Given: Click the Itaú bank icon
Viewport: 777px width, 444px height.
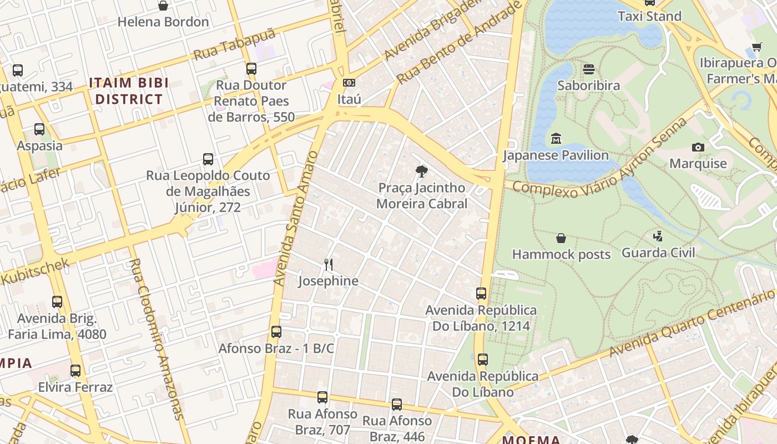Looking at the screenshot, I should (x=349, y=83).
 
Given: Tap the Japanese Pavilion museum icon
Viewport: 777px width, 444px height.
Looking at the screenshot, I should (x=556, y=138).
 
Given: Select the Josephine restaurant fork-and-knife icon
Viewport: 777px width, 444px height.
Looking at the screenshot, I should (x=329, y=264).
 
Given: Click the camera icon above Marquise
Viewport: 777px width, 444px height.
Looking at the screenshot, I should (x=698, y=147).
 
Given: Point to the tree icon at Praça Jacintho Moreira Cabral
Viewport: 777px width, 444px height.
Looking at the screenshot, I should (x=422, y=171).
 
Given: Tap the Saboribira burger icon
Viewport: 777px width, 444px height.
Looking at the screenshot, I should (x=589, y=69).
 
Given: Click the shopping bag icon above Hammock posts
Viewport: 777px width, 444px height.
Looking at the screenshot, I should (x=561, y=238).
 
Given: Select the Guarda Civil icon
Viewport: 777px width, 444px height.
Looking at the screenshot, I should (x=658, y=236).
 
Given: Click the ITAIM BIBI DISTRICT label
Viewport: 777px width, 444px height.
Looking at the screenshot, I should (x=129, y=91).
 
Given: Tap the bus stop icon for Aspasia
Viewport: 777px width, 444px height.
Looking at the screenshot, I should (x=39, y=129).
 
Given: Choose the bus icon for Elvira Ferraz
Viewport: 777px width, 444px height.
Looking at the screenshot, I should (x=75, y=370).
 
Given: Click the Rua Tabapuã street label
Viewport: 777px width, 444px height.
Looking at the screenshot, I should (x=234, y=45).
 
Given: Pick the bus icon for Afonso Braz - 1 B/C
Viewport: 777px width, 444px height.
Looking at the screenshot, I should (x=276, y=332).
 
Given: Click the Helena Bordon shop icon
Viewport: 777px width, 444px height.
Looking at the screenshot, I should (x=163, y=6).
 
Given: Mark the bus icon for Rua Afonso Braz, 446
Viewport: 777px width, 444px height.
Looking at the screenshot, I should (x=397, y=405).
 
